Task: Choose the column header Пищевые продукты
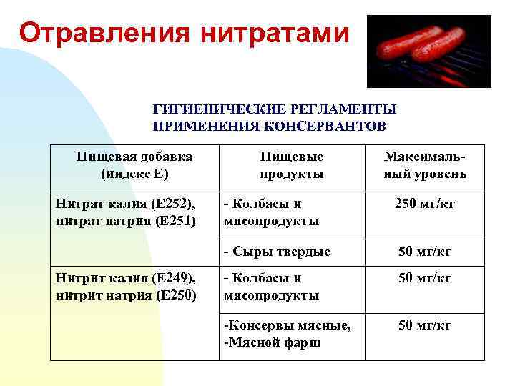291,164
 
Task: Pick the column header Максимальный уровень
425,164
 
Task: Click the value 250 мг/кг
425,205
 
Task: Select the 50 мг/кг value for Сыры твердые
425,251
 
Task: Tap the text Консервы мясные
288,326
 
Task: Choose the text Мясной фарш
273,342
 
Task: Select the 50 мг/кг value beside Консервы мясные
425,326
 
